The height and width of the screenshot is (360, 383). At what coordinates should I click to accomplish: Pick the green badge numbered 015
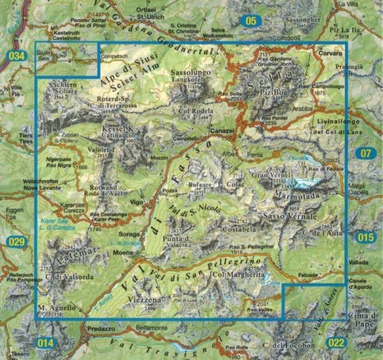coord(366,238)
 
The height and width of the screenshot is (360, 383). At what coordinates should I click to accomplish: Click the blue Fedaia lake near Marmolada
coord(312,182)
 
